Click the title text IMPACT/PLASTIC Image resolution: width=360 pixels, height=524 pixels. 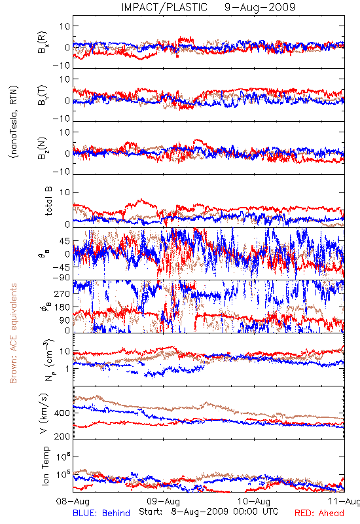(164, 7)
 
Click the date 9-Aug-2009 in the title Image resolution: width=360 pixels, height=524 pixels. (260, 7)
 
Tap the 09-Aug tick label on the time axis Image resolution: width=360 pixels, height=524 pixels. (163, 502)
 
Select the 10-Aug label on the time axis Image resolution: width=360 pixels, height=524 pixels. (254, 502)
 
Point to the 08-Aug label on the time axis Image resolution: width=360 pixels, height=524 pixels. (73, 502)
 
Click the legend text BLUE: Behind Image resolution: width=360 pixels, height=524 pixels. (101, 514)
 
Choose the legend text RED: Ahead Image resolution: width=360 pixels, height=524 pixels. (319, 514)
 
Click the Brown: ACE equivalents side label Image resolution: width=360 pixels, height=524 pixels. (13, 333)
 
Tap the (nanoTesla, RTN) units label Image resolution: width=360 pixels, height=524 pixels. (14, 122)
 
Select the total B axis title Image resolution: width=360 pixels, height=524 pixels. (48, 201)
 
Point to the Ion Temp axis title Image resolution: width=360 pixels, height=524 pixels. (45, 466)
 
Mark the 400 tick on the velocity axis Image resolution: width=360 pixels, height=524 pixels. (62, 413)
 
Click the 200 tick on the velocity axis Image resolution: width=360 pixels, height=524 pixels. (62, 436)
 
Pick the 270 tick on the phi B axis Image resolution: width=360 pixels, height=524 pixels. (62, 293)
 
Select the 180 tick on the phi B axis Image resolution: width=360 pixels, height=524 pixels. (62, 307)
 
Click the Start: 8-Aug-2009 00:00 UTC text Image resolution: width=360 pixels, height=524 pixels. (209, 512)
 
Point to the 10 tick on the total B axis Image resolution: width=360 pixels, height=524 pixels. (65, 192)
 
